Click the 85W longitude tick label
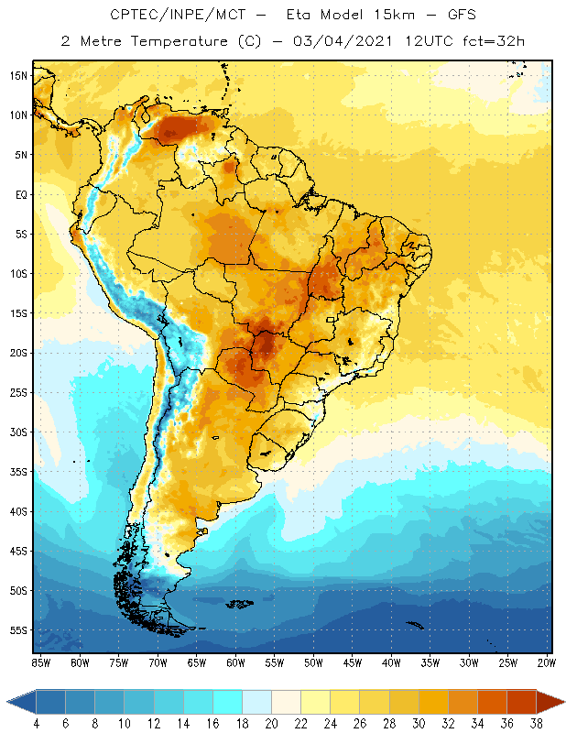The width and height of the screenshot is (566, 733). tap(40, 662)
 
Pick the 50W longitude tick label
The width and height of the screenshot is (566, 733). tap(313, 662)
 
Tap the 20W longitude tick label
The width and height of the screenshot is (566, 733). tap(547, 662)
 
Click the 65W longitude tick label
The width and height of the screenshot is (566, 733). tap(196, 662)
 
